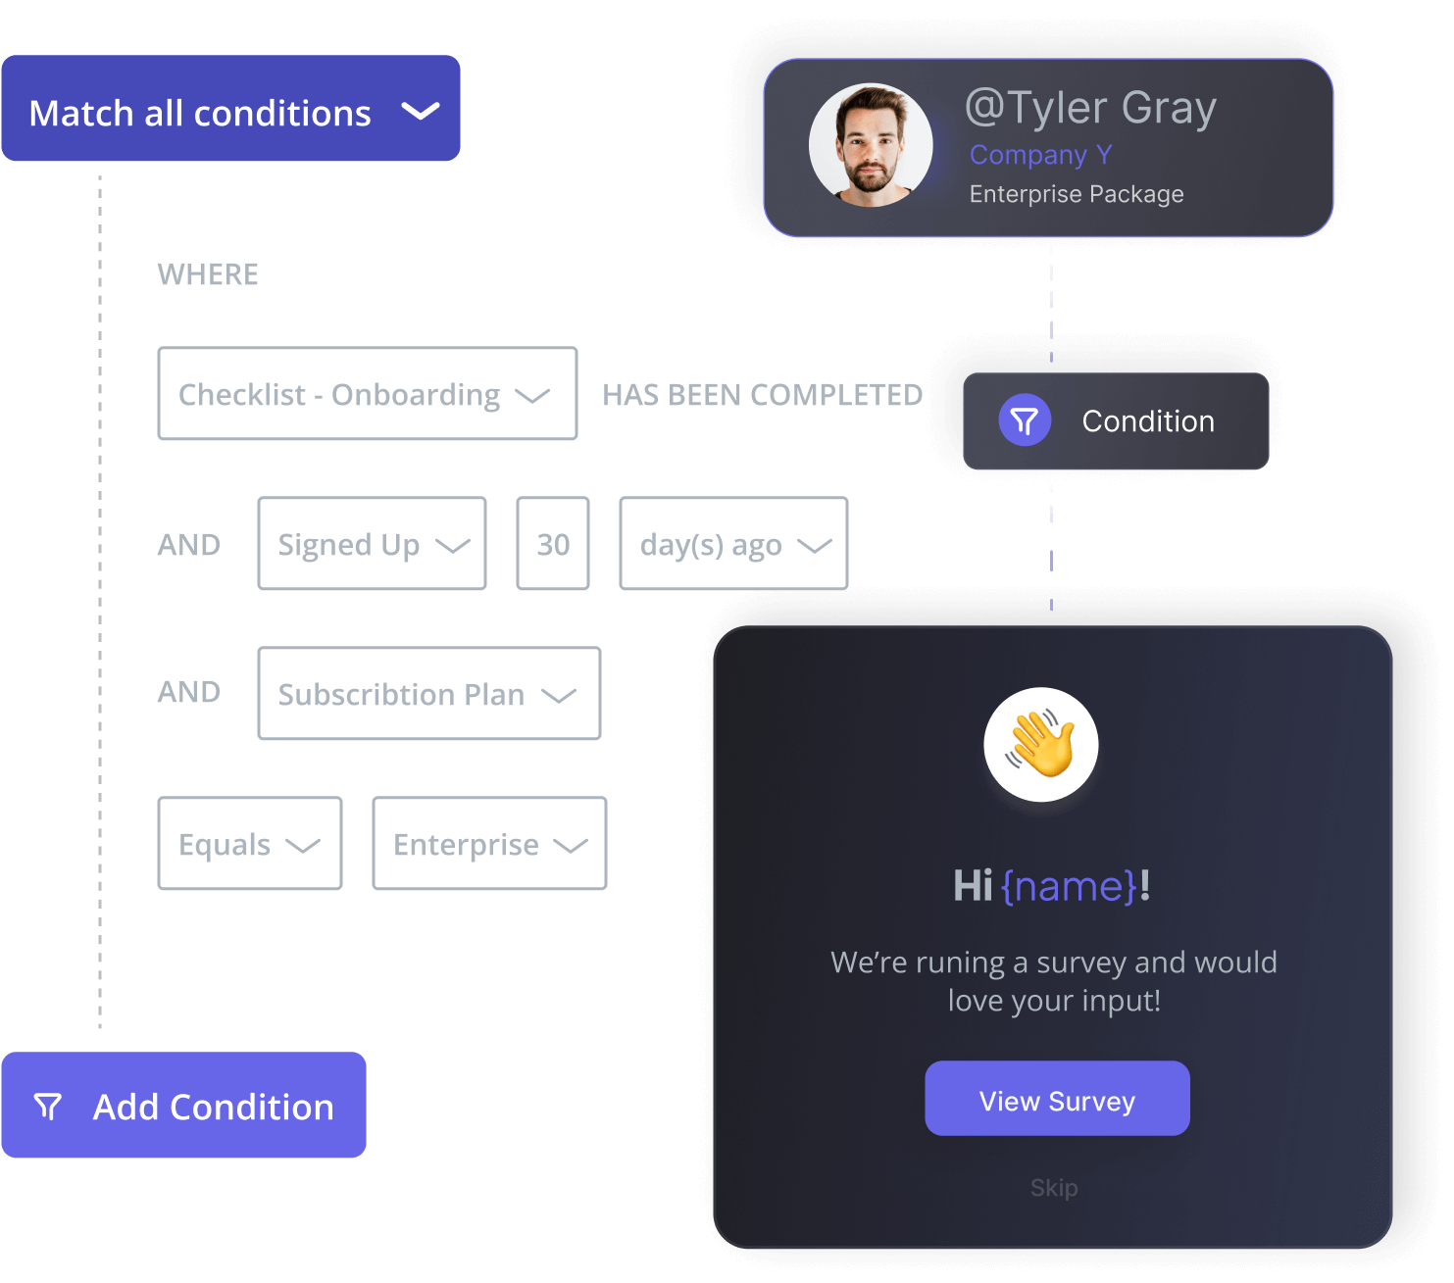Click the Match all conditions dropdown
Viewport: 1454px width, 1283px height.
[230, 109]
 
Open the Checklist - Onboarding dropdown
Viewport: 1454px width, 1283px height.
[367, 394]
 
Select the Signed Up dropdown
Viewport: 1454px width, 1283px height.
[372, 544]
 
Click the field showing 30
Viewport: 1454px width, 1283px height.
[553, 544]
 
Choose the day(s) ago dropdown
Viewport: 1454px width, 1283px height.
[733, 544]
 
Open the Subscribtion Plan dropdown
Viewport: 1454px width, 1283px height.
[428, 694]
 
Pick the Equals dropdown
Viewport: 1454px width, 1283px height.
[250, 844]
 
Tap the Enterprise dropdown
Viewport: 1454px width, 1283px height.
[489, 844]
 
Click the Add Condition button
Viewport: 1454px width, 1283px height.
[184, 1106]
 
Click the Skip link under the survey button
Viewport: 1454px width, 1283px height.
[1054, 1188]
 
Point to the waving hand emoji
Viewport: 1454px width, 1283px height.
[1041, 744]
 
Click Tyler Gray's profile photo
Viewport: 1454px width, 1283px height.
[871, 145]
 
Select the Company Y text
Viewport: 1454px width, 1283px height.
[1040, 155]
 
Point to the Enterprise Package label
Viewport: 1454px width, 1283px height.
[1077, 194]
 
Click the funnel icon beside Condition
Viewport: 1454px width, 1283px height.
[1025, 420]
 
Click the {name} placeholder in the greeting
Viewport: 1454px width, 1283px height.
[1069, 886]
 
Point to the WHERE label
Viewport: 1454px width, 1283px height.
[208, 274]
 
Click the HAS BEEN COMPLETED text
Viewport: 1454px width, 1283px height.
[762, 395]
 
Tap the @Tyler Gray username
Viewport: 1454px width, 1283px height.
[1090, 108]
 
